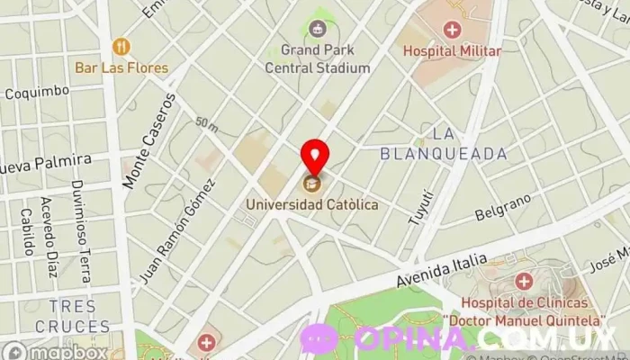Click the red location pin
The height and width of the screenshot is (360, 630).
point(314,156)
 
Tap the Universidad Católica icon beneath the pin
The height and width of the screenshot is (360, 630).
point(313,184)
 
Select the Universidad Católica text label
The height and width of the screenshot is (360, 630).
point(313,205)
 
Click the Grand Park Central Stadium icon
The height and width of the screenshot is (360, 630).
point(317,29)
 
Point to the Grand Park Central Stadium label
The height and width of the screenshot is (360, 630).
point(318,58)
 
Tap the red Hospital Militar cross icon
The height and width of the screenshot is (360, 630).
point(451,30)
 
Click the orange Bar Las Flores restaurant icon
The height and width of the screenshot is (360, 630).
point(121,46)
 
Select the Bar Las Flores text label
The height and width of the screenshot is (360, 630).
point(121,67)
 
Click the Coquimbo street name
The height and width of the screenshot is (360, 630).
point(37,91)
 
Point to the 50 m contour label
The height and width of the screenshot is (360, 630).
point(206,123)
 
